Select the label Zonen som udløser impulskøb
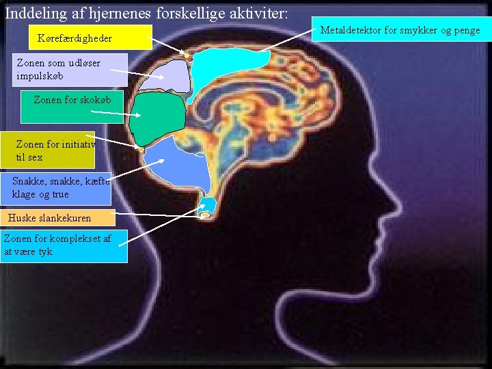point(64,69)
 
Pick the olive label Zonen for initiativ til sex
point(48,150)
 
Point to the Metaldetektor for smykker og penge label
point(400,31)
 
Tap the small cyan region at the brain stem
point(209,204)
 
